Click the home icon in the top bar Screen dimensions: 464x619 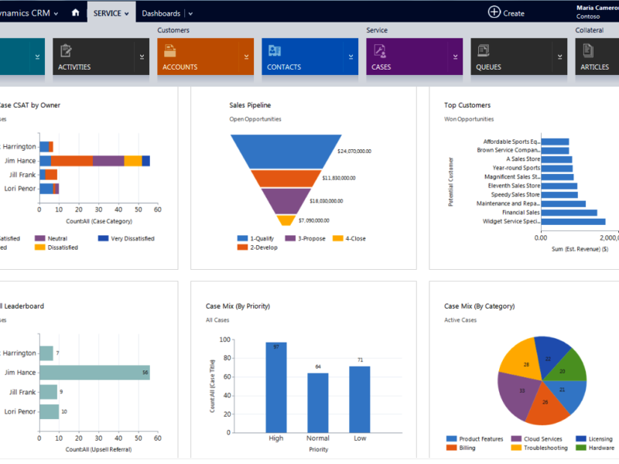click(75, 12)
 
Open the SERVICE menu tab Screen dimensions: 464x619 click(108, 13)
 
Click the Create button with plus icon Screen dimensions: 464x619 click(506, 12)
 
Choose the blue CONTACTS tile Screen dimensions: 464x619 click(309, 57)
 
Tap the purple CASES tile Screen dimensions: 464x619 click(413, 57)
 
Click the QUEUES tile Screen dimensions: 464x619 click(518, 57)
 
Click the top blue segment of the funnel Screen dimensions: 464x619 click(286, 151)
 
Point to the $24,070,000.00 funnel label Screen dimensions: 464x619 click(354, 152)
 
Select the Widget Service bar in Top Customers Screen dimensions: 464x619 click(573, 221)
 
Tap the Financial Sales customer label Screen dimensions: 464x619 click(521, 212)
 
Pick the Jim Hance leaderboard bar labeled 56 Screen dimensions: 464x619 click(94, 372)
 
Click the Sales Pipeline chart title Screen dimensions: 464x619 click(250, 105)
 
